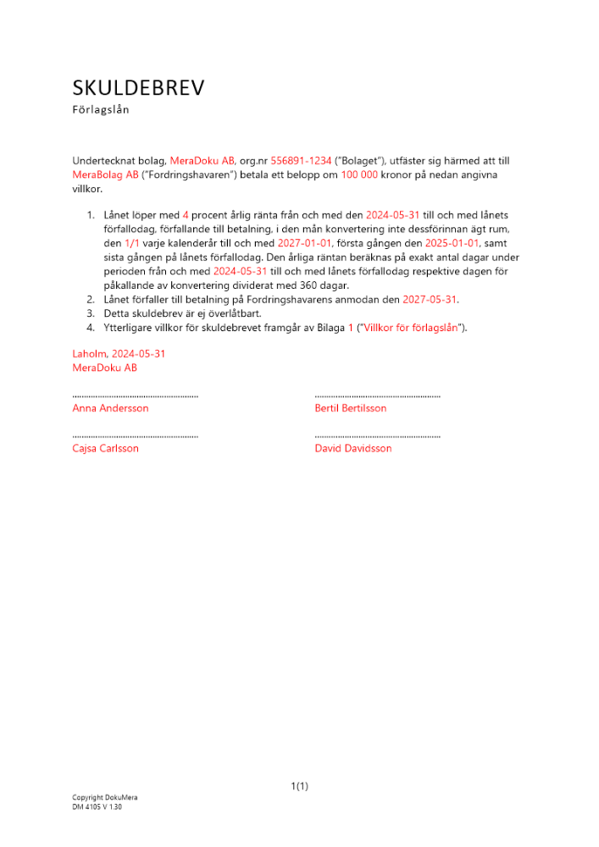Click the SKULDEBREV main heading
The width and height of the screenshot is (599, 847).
click(x=138, y=88)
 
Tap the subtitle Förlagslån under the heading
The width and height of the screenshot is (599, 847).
click(x=101, y=109)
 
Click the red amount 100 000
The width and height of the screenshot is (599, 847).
click(x=359, y=174)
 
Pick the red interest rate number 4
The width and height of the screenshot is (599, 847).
click(x=186, y=215)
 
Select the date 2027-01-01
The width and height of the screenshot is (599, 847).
click(x=306, y=242)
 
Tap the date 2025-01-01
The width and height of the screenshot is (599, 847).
click(x=453, y=242)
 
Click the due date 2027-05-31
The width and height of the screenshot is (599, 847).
click(x=430, y=300)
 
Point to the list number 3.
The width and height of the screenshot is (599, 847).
click(x=90, y=313)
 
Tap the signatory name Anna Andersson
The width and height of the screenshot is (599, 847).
click(x=110, y=408)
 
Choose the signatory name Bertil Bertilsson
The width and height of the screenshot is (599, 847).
click(x=350, y=408)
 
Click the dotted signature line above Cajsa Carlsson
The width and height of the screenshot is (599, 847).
click(x=135, y=436)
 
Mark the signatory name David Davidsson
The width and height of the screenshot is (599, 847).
click(x=353, y=448)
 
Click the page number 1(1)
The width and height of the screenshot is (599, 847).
click(x=300, y=786)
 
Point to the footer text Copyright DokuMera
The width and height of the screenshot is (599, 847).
click(x=104, y=798)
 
